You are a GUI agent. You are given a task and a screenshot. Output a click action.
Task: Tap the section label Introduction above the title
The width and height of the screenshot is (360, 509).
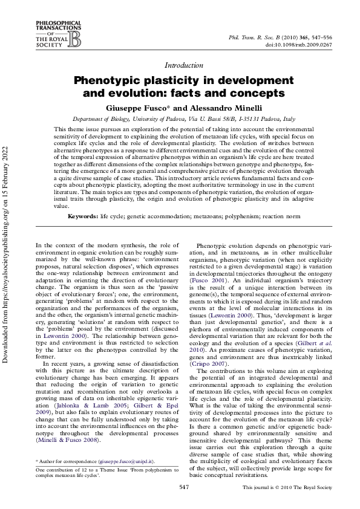tap(183, 65)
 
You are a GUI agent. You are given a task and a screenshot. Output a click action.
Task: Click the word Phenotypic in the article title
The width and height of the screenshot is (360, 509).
tap(109, 81)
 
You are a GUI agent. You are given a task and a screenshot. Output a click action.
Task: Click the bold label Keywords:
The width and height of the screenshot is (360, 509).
tap(83, 216)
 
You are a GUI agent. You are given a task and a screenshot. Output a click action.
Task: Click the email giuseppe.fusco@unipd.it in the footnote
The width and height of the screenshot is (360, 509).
tap(117, 461)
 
